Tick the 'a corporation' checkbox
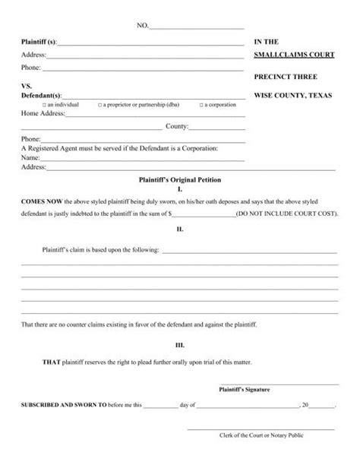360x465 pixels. point(201,103)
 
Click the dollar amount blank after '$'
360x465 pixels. point(204,215)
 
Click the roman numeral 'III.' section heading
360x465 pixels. point(179,344)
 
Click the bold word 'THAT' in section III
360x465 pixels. point(50,361)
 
